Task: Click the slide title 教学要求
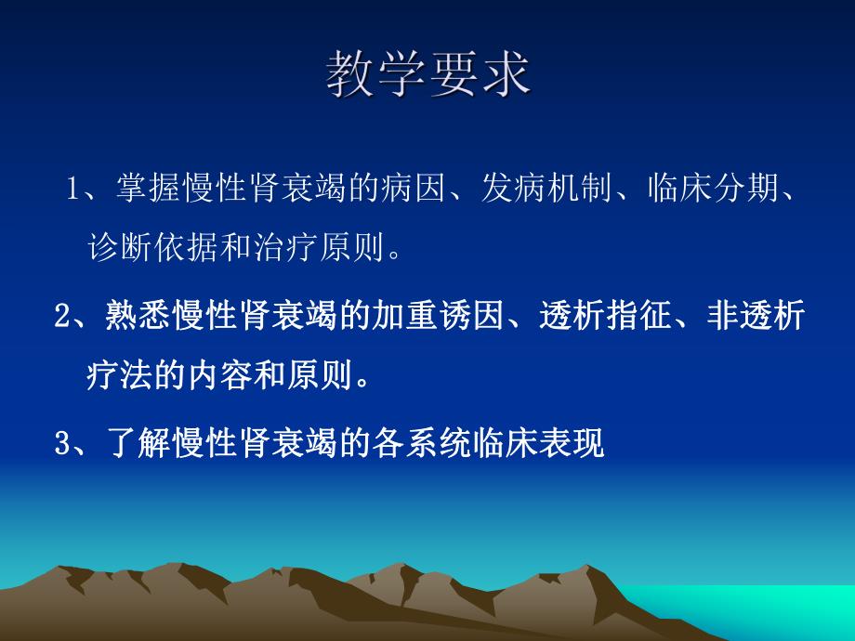(x=427, y=74)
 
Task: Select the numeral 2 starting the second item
(x=62, y=317)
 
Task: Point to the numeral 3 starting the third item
(x=62, y=443)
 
